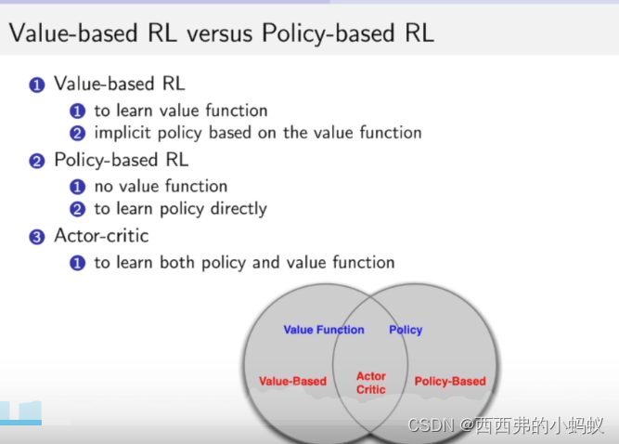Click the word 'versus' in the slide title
pyautogui.click(x=220, y=34)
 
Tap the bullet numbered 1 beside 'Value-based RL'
pyautogui.click(x=37, y=85)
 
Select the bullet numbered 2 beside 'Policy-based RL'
pyautogui.click(x=37, y=161)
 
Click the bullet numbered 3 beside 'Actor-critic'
pyautogui.click(x=37, y=237)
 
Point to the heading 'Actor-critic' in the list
pyautogui.click(x=100, y=236)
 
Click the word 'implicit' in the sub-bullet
pyautogui.click(x=123, y=133)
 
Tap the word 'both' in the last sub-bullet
pyautogui.click(x=177, y=263)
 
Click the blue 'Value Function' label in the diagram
pyautogui.click(x=324, y=330)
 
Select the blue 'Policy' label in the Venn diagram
pyautogui.click(x=406, y=330)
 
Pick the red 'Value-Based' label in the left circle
pyautogui.click(x=292, y=381)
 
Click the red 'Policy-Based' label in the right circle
pyautogui.click(x=450, y=381)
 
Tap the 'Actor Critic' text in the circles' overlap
pyautogui.click(x=371, y=383)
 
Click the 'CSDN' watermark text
pyautogui.click(x=431, y=426)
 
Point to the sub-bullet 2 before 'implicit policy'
pyautogui.click(x=79, y=133)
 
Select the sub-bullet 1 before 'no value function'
pyautogui.click(x=79, y=187)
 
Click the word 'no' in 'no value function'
pyautogui.click(x=104, y=187)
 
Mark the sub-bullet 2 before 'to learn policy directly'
pyautogui.click(x=79, y=209)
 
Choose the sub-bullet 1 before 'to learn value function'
pyautogui.click(x=79, y=111)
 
